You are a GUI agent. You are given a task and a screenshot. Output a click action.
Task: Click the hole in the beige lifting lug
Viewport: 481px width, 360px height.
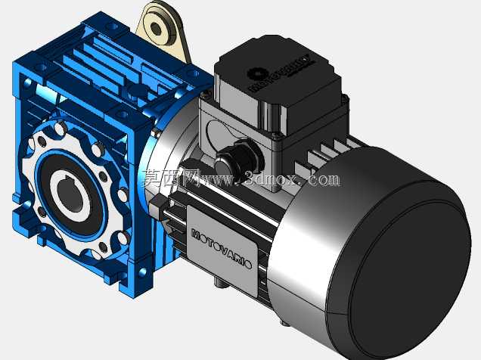point(156,29)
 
